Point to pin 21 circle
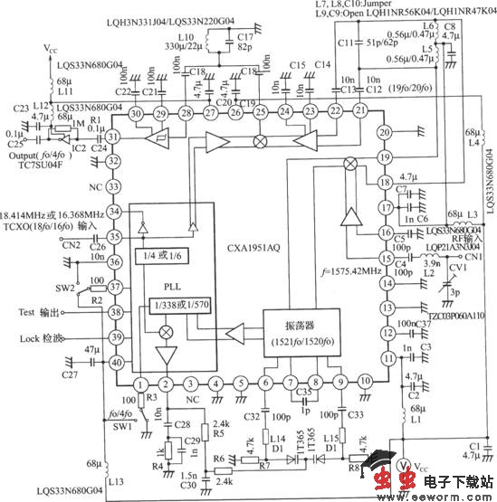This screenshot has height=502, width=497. (360, 110)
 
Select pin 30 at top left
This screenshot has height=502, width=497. (136, 113)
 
